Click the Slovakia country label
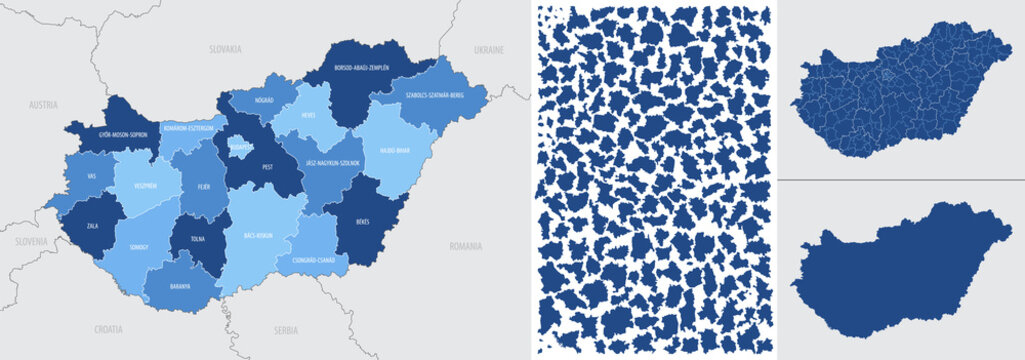(x=225, y=48)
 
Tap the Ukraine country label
(x=489, y=48)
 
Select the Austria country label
(x=43, y=104)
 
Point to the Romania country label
(x=466, y=245)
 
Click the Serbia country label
(x=287, y=328)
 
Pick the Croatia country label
(x=108, y=328)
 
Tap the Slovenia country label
(x=30, y=242)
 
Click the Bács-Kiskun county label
(x=258, y=236)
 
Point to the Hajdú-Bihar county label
(x=395, y=152)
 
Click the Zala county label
(x=93, y=226)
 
